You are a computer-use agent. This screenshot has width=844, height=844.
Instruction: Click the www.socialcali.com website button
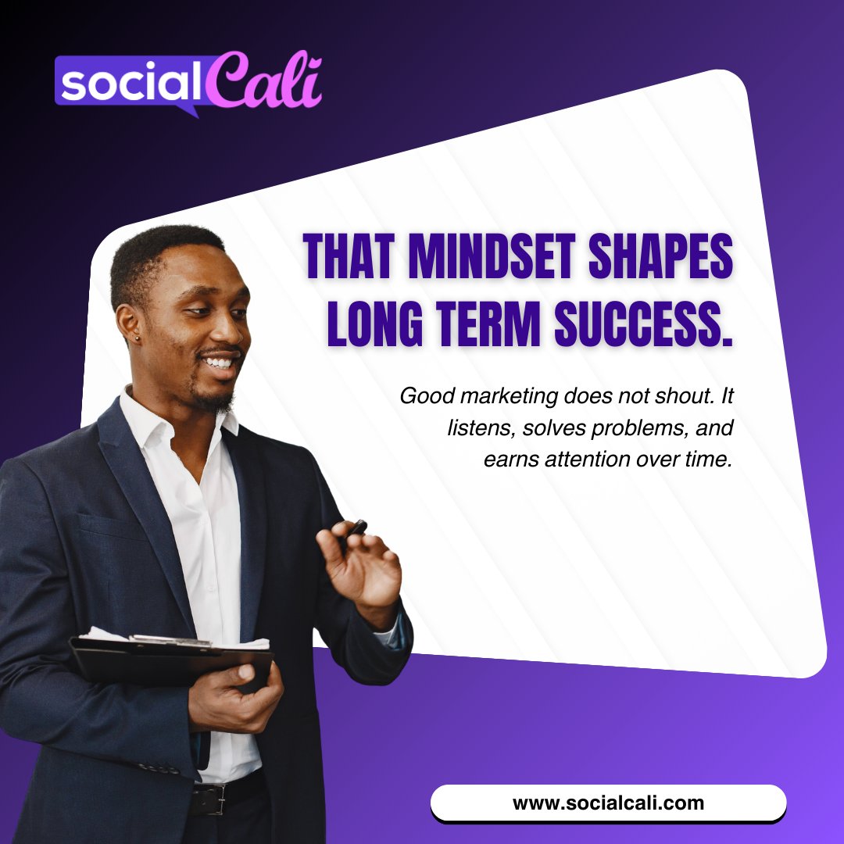tap(608, 803)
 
